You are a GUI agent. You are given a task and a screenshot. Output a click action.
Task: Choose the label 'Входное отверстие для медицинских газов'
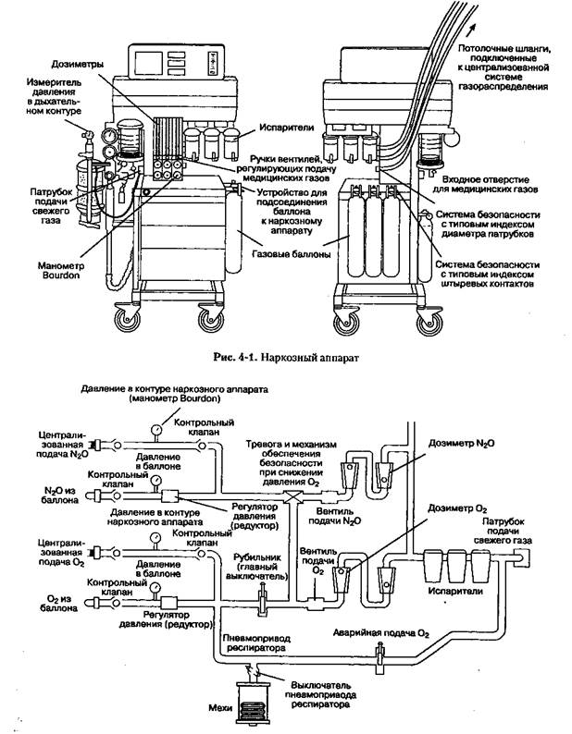coord(491,181)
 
